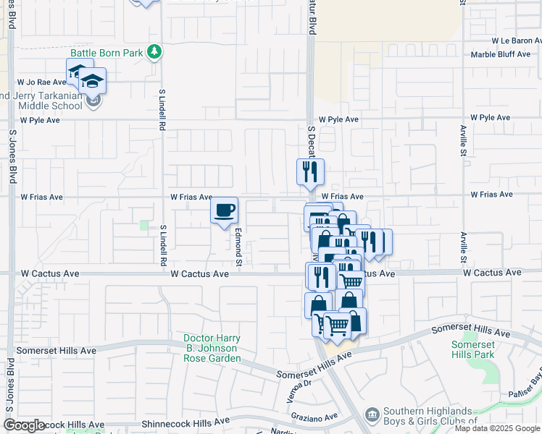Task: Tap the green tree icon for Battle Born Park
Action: [x=154, y=51]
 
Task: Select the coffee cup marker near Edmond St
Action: [x=224, y=210]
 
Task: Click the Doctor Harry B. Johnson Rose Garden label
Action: [x=212, y=348]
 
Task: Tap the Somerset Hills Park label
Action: [x=472, y=349]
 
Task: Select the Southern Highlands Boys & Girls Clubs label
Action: [x=432, y=416]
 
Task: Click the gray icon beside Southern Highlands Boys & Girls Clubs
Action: [x=372, y=414]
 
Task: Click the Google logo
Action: [x=24, y=425]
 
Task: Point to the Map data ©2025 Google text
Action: [x=497, y=428]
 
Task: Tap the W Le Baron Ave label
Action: [x=516, y=42]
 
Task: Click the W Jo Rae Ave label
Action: [x=42, y=82]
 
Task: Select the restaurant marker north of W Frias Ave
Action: [x=310, y=172]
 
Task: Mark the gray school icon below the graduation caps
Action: [x=93, y=100]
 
